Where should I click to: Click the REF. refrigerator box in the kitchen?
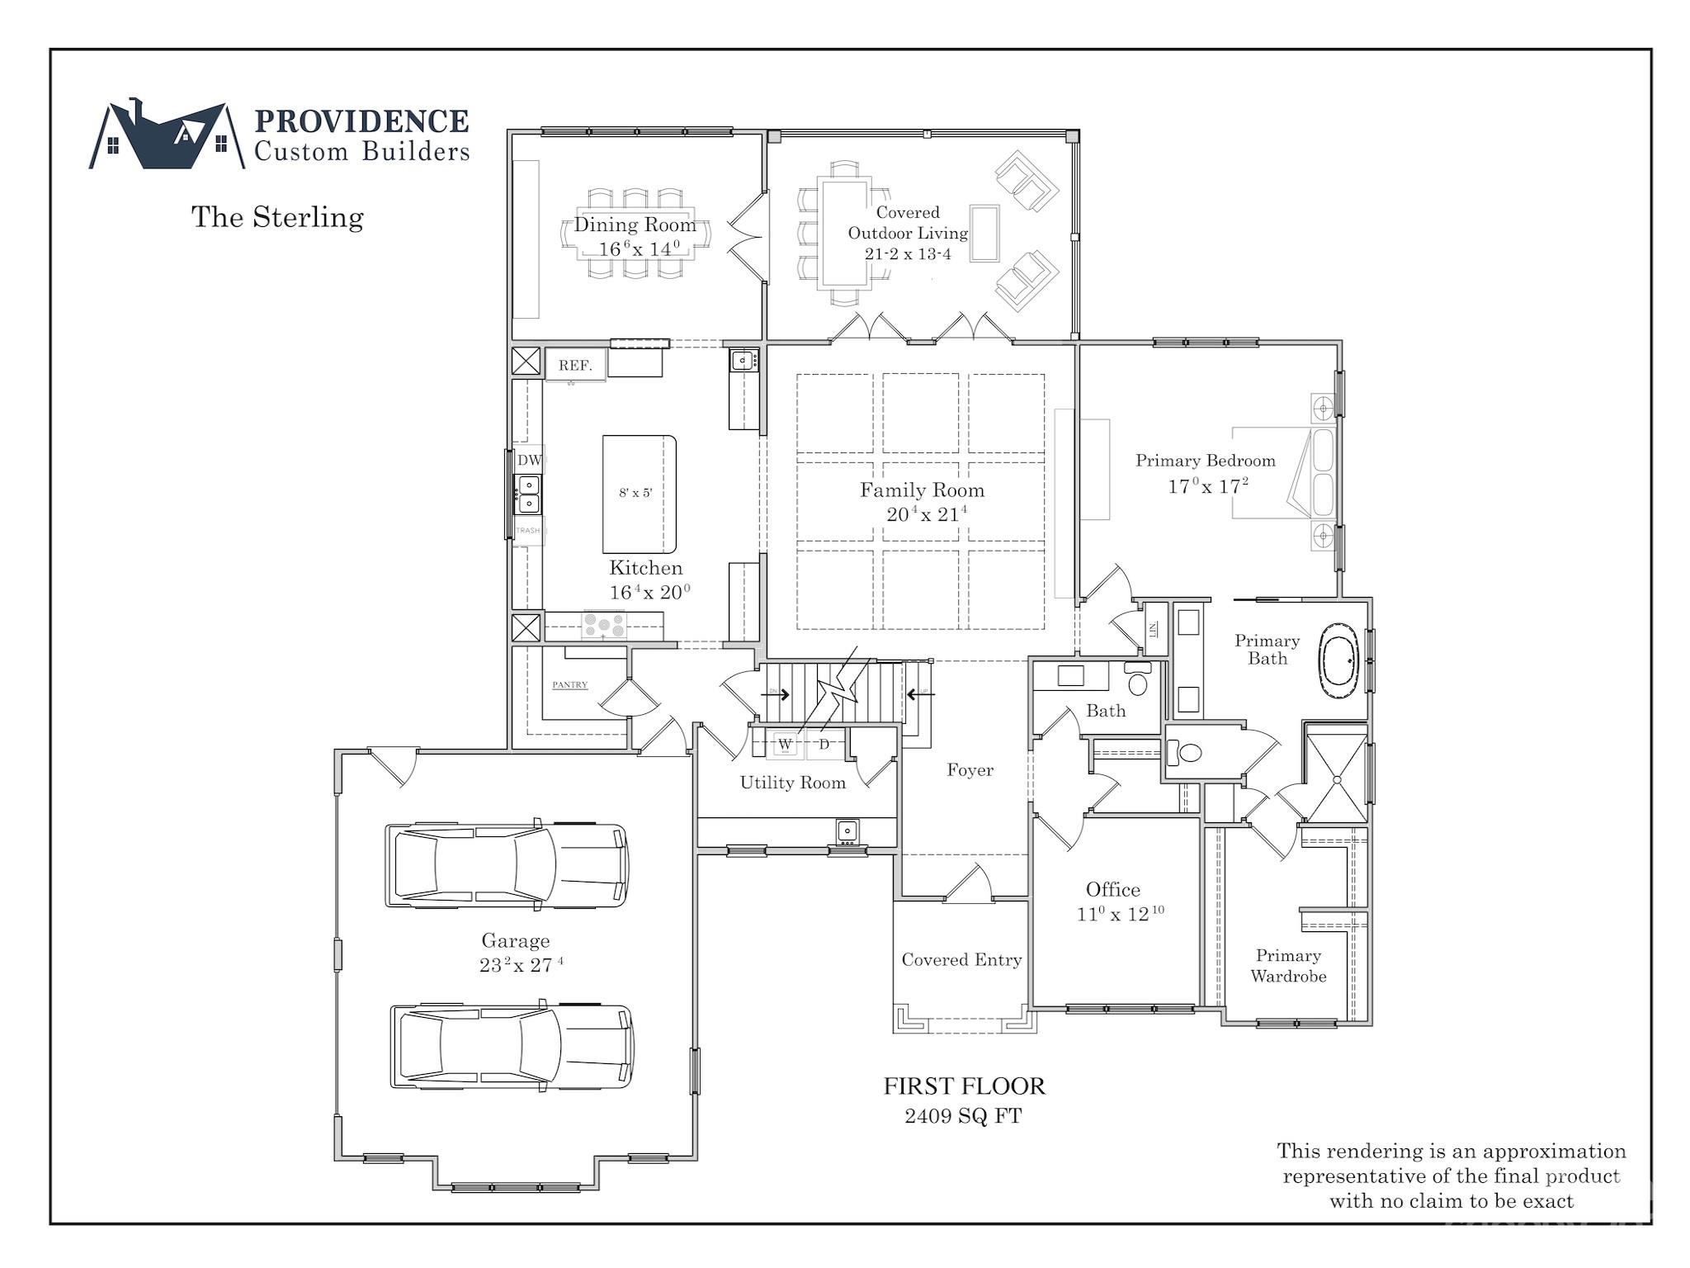(575, 365)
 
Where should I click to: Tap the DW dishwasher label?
(529, 460)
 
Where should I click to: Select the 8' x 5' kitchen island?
(639, 494)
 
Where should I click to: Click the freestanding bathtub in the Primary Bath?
(1339, 661)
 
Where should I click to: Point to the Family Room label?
(922, 490)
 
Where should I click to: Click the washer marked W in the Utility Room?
(786, 744)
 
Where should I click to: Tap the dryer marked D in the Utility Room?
(824, 744)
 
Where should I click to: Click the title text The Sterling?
(277, 217)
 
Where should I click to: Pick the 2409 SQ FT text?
(963, 1116)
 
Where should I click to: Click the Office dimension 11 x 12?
(1119, 914)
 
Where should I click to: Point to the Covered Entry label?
(961, 959)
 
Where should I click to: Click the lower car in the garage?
(512, 1046)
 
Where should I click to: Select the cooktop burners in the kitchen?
(603, 624)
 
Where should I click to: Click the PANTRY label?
(569, 684)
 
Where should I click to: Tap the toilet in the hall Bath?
(1139, 682)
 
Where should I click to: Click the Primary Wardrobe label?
(1288, 965)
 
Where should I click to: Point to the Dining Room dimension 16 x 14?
(639, 248)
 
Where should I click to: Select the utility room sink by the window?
(847, 830)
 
